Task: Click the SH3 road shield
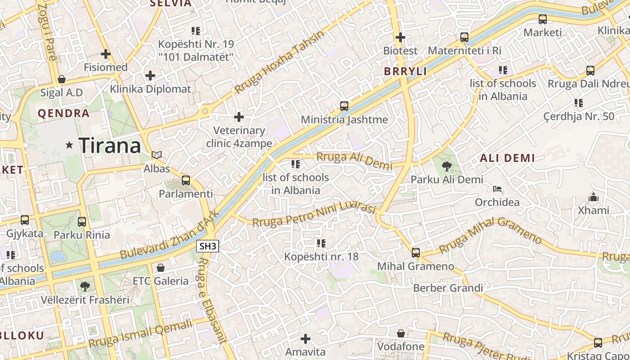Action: (x=208, y=246)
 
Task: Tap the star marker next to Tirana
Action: (x=69, y=145)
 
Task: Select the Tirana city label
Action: (x=110, y=145)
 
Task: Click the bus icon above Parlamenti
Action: (x=185, y=180)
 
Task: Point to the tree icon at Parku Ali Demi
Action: (x=447, y=166)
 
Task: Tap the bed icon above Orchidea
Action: (x=497, y=189)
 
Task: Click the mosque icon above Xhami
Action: (x=594, y=197)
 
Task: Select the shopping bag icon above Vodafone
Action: (x=400, y=333)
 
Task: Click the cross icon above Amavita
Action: (x=306, y=338)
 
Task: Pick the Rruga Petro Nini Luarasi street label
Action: (x=314, y=215)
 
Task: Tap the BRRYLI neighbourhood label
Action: (x=405, y=71)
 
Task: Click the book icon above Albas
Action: (x=157, y=155)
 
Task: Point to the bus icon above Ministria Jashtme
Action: (x=344, y=106)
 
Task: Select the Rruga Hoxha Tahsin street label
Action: (x=279, y=62)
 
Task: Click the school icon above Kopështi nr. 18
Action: (x=321, y=243)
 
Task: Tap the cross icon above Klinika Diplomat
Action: (x=150, y=76)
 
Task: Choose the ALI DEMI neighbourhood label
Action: (x=507, y=158)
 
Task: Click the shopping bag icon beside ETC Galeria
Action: (x=161, y=268)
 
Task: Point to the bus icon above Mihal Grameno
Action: (x=416, y=253)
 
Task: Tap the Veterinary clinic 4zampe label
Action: (x=239, y=137)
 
